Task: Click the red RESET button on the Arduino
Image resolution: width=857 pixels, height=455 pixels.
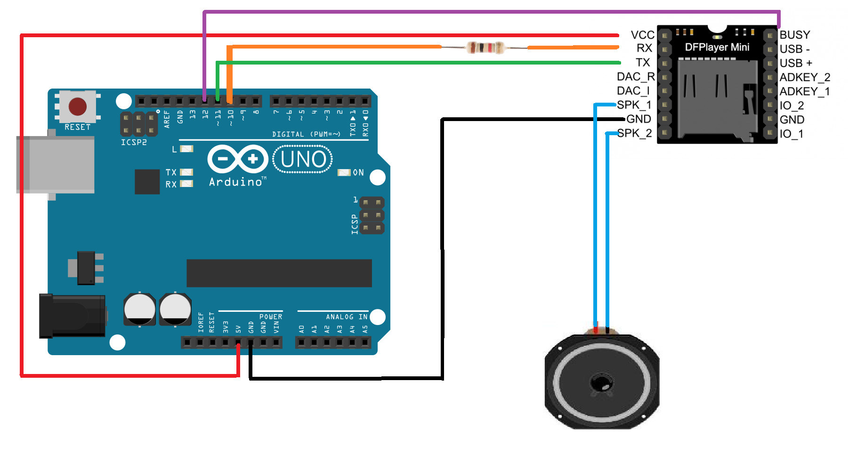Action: click(77, 106)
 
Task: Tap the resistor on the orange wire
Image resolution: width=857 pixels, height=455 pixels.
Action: click(485, 48)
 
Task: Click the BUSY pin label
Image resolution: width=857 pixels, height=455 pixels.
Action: click(795, 35)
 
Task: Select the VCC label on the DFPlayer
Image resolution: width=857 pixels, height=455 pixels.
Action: click(642, 35)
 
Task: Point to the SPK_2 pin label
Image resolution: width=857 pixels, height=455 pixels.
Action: click(634, 133)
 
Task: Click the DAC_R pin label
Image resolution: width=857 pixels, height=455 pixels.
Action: click(635, 77)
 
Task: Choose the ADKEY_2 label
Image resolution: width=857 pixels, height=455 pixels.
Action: click(805, 77)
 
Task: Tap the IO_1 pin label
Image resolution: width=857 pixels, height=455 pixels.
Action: click(792, 134)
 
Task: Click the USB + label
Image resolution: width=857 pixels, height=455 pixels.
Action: click(796, 63)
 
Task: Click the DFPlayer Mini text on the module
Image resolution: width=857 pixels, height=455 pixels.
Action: click(717, 47)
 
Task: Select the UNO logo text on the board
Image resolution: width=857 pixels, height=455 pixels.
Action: click(303, 159)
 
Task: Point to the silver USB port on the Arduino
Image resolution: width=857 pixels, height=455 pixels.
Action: click(55, 164)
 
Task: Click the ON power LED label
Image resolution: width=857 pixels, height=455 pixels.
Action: click(358, 173)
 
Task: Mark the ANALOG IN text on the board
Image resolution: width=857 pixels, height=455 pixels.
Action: click(347, 317)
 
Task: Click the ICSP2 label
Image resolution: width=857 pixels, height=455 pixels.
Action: click(134, 142)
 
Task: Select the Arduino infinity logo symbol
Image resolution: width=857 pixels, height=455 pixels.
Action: click(238, 159)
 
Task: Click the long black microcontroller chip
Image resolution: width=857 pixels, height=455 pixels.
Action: click(279, 273)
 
